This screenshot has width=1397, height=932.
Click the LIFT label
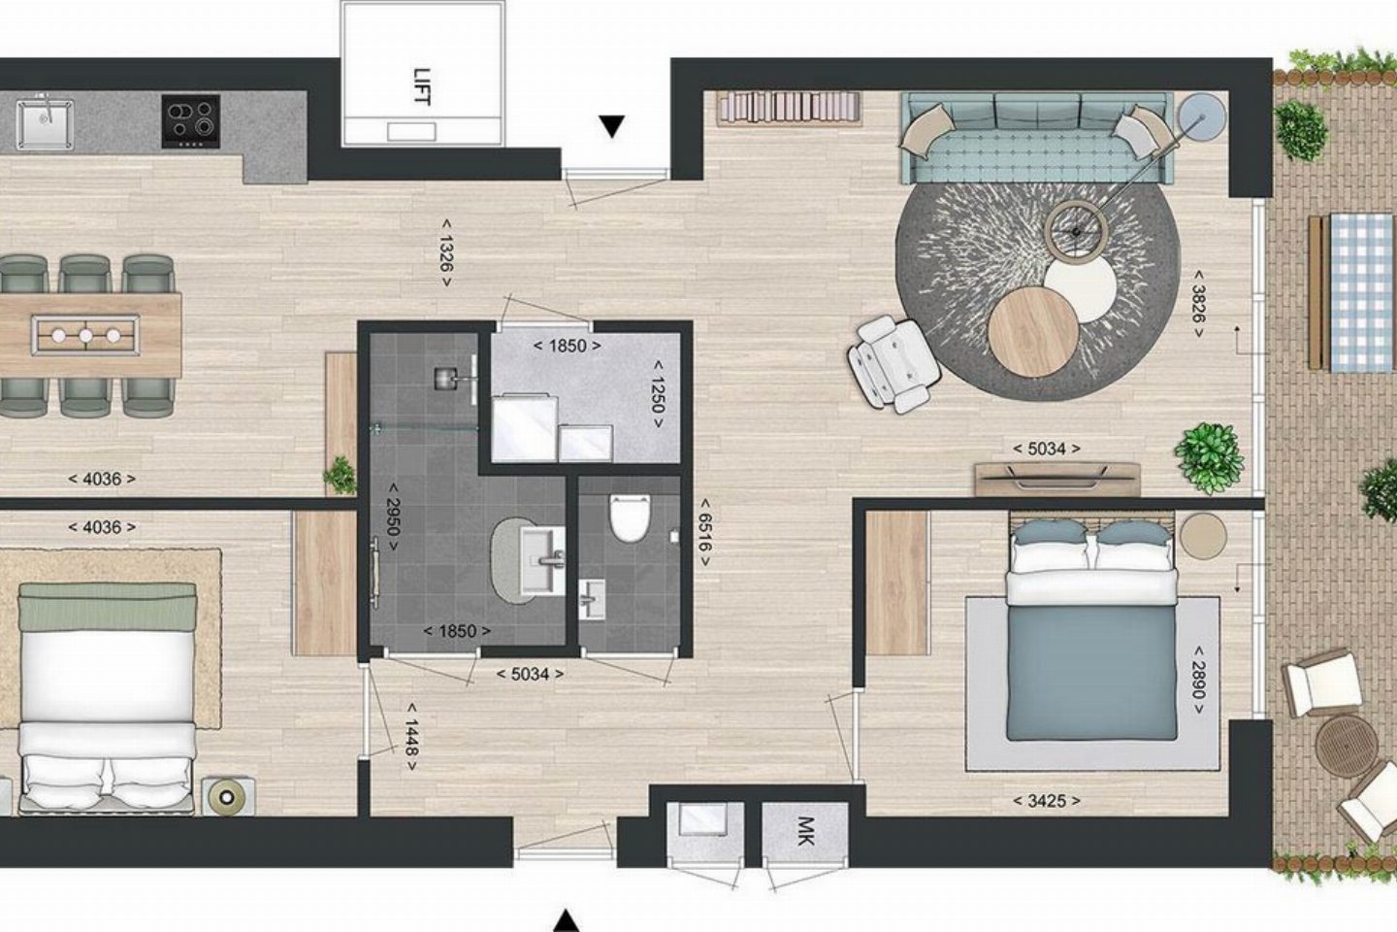tap(422, 86)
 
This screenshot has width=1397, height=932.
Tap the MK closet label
tap(805, 831)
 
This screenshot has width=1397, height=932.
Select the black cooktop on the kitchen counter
tap(191, 121)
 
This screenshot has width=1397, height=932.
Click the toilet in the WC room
tap(630, 517)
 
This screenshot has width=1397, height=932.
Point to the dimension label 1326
tap(446, 252)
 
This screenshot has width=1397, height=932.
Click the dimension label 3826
tap(1198, 304)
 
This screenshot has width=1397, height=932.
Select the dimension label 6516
tap(704, 532)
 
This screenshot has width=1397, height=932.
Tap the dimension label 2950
tap(393, 516)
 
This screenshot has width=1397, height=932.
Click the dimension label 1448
tap(411, 737)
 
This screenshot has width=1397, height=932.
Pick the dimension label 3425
tap(1047, 801)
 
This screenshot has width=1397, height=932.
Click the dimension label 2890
tap(1198, 681)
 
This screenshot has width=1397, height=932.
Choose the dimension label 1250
tap(657, 394)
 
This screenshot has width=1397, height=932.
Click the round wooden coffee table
tap(1033, 332)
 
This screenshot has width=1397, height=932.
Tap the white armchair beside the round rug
tap(893, 365)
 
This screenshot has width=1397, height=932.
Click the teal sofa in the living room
tap(1035, 138)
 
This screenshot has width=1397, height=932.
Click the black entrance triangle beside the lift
tap(612, 127)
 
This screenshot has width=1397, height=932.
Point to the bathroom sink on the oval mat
tap(542, 559)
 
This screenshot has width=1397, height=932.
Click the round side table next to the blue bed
tap(1203, 536)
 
